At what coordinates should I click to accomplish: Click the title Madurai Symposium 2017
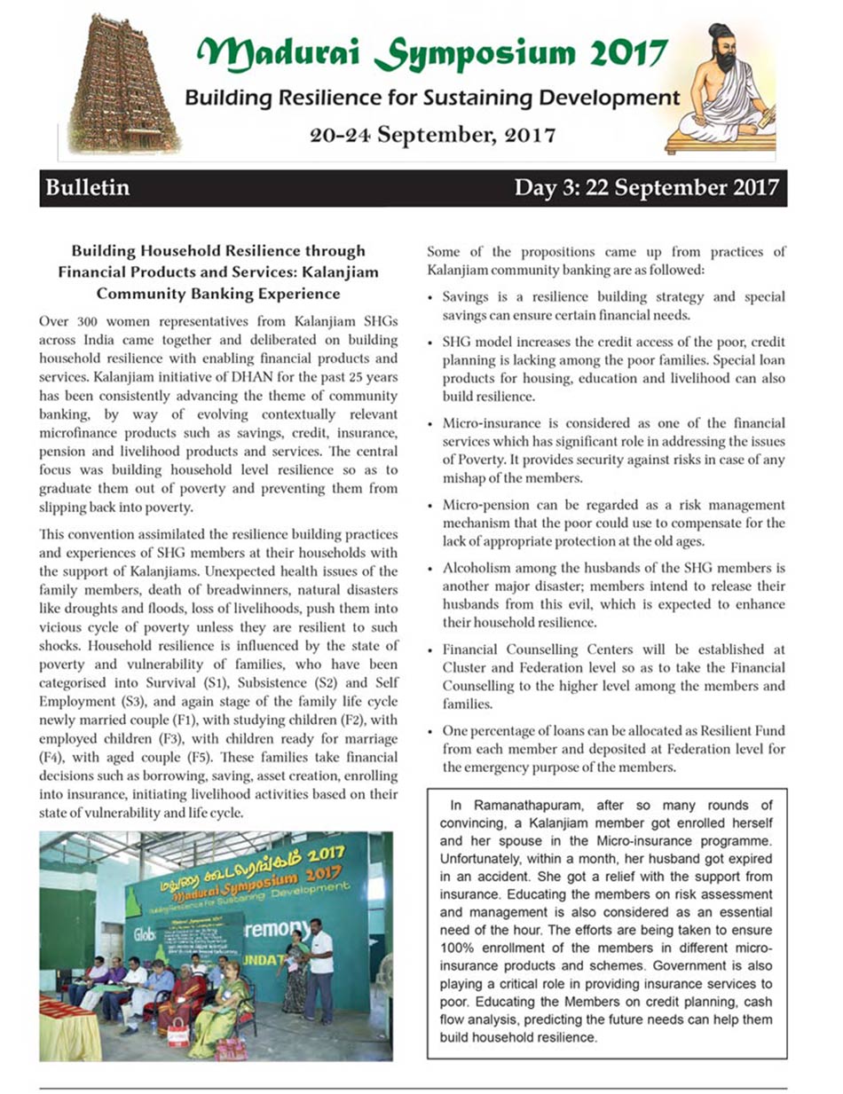431,53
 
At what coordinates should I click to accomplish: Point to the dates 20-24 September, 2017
432,136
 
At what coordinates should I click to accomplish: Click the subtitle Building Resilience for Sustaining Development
431,97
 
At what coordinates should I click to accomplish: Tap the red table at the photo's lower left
67,1025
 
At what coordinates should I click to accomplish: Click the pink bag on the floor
232,1050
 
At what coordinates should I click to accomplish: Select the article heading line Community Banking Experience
217,292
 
